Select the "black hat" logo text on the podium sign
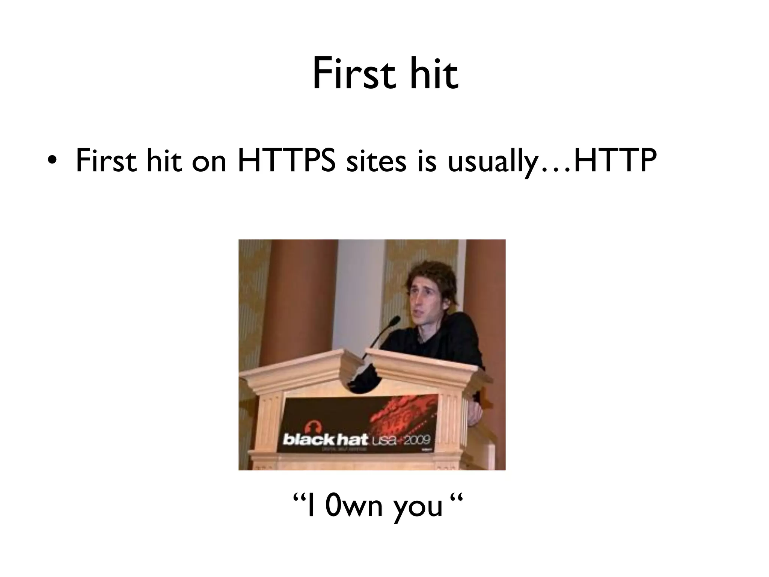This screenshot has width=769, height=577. click(325, 439)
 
